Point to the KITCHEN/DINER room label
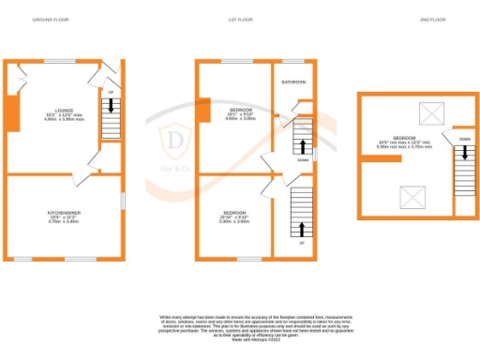(65, 213)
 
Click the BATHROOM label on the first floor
(293, 82)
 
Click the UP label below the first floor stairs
(301, 243)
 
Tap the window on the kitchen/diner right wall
(122, 201)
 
